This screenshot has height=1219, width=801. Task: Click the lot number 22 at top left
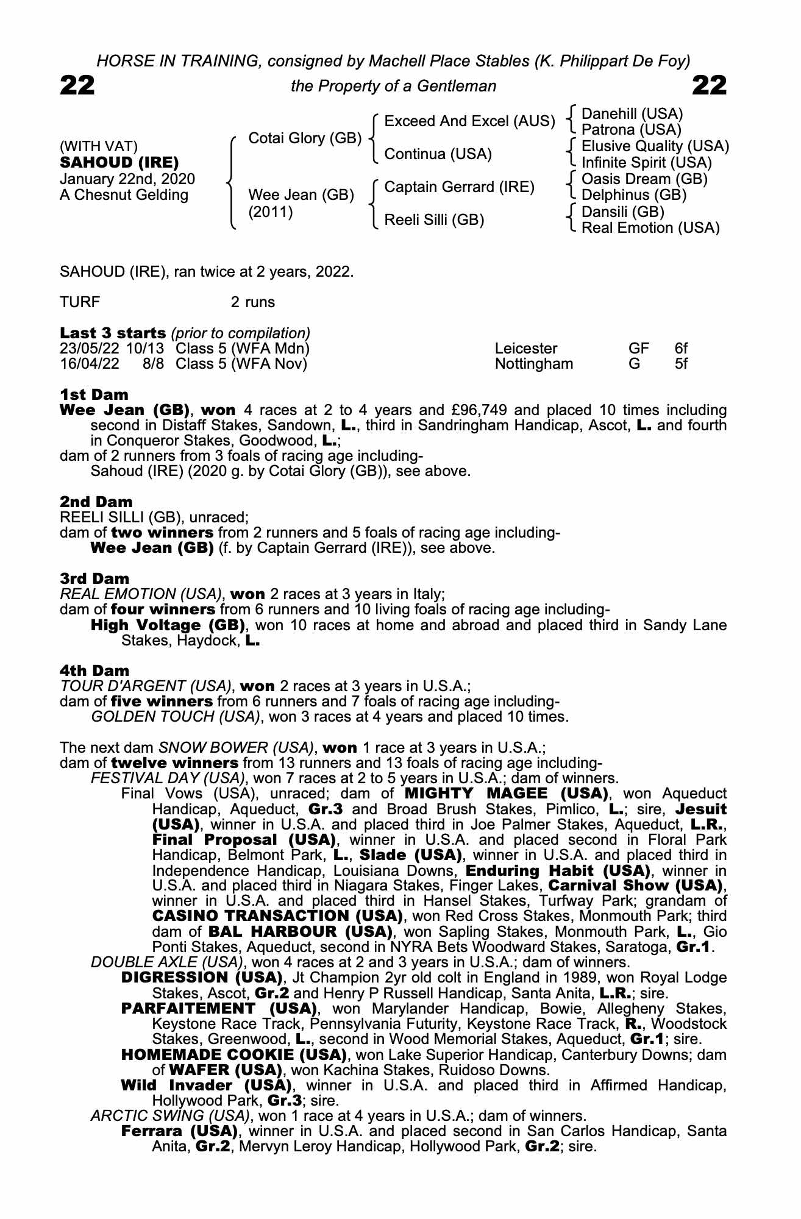pos(77,86)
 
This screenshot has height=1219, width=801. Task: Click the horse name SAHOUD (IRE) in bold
pos(119,163)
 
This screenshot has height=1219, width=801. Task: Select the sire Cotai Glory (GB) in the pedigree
pos(305,138)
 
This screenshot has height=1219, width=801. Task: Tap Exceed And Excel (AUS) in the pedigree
pos(470,121)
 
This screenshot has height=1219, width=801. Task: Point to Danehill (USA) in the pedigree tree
pos(632,114)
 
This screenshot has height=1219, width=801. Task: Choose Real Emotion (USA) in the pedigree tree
pos(650,228)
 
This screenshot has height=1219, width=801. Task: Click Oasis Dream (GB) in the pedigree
pos(644,179)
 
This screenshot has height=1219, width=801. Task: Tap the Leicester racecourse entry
pos(526,349)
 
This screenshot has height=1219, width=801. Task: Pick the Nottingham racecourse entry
pos(534,364)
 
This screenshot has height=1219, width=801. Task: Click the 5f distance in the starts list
pos(681,364)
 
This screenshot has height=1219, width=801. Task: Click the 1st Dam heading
pos(94,394)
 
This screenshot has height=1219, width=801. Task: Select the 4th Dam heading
pos(95,671)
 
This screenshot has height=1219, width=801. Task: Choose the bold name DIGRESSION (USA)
pos(202,978)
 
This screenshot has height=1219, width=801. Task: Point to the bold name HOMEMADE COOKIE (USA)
pos(234,1054)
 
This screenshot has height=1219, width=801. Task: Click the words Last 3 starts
pos(113,333)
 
